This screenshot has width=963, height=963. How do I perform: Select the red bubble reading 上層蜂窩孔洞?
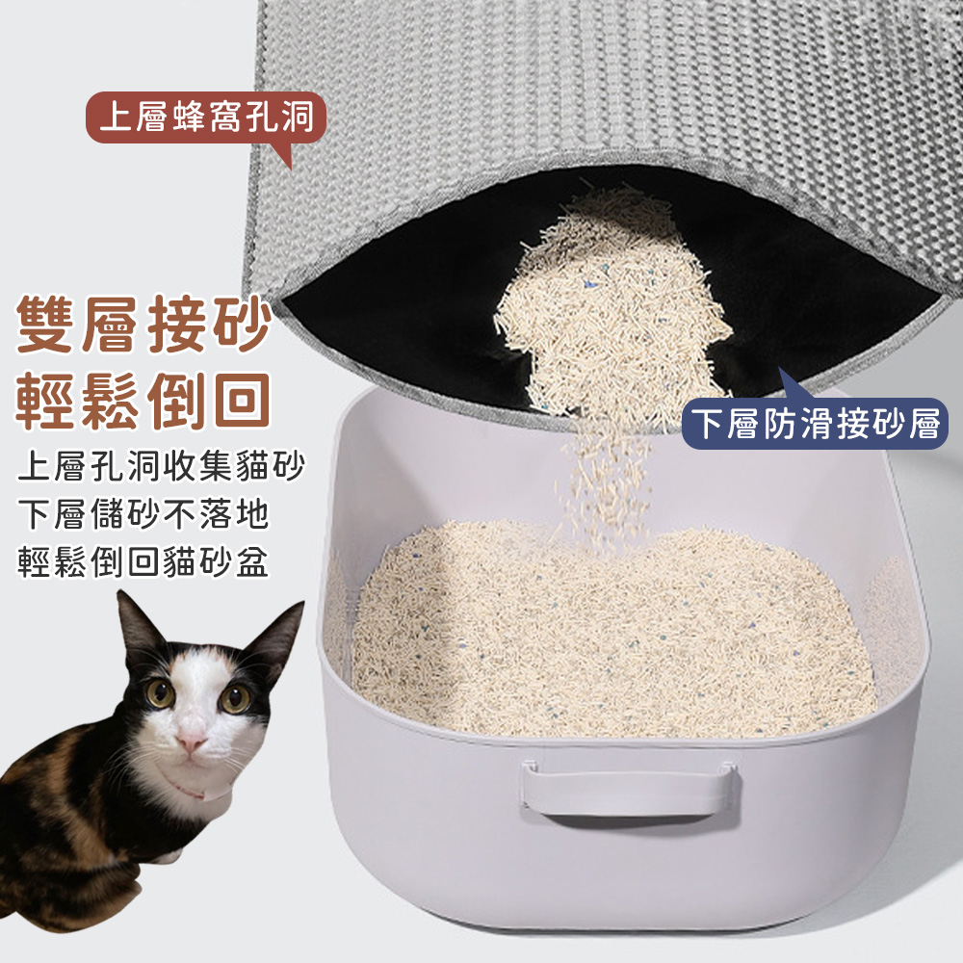206,117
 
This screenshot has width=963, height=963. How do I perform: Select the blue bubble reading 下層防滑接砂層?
815,423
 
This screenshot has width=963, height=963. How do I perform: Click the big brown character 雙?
44,325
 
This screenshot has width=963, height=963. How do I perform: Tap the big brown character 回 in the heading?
242,401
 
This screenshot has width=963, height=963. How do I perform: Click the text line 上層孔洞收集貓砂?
161,467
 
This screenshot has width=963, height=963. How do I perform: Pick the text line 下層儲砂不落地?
143,514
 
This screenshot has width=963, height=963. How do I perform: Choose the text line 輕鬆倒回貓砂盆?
143,560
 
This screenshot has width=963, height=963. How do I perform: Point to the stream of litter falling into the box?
605,479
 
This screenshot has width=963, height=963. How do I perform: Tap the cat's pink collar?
191,791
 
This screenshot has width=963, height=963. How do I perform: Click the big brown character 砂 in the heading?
242,325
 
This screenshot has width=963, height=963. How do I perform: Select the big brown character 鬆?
111,401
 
